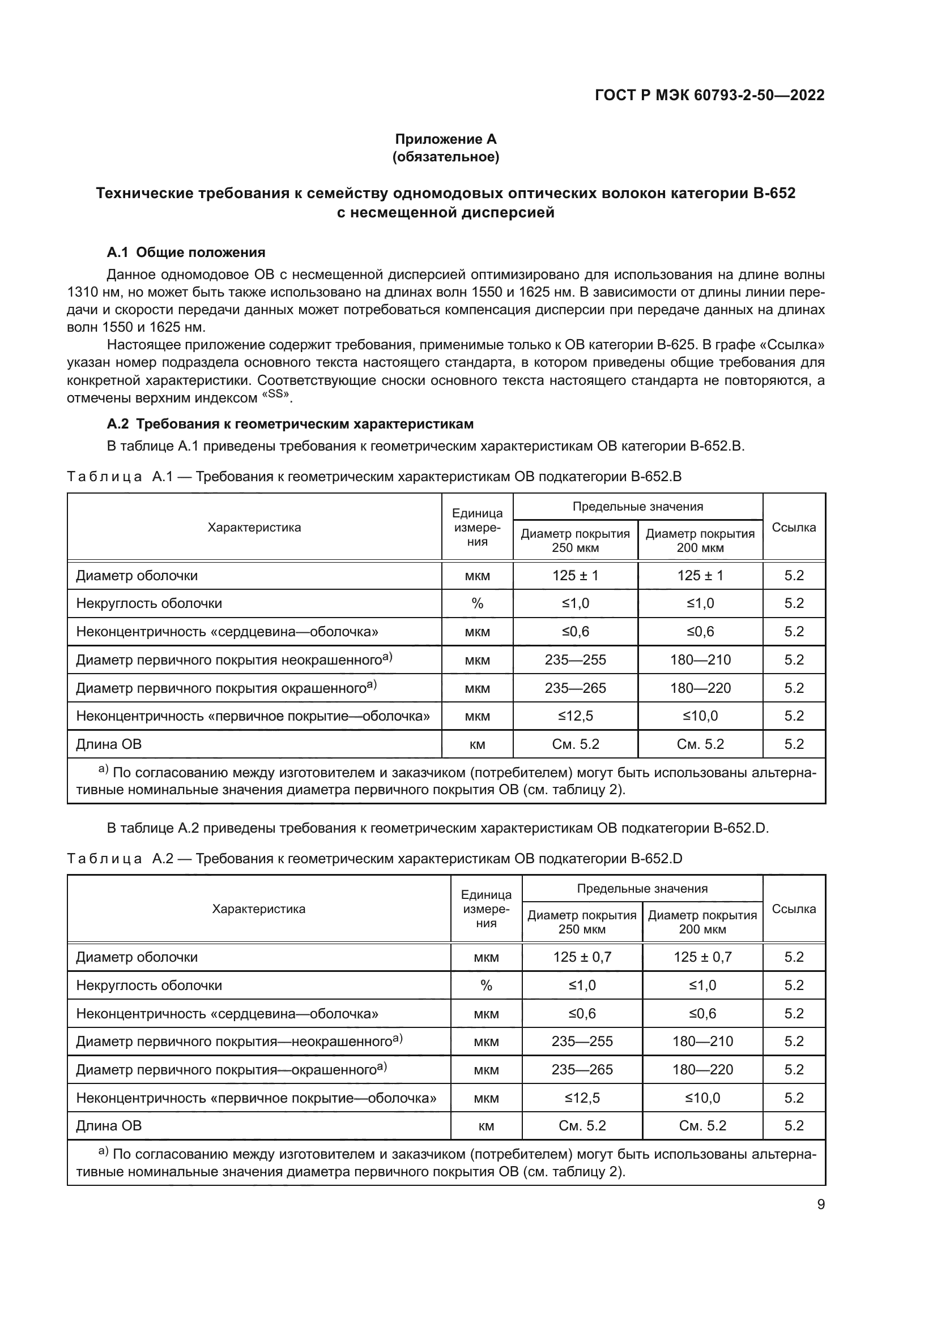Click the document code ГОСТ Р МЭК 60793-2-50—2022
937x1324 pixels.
[709, 95]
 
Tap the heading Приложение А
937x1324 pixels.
[445, 139]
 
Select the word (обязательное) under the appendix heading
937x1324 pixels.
[445, 157]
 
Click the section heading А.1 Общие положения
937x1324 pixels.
[186, 252]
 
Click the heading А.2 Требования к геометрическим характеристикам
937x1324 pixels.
[290, 424]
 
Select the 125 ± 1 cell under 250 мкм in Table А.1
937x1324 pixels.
[575, 576]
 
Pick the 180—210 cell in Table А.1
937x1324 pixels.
[700, 659]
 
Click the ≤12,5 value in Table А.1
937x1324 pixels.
[575, 715]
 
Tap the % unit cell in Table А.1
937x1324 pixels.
[477, 603]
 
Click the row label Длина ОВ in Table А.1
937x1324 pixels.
[109, 744]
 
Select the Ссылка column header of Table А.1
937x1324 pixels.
[793, 527]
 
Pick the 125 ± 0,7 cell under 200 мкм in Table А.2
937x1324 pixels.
[702, 957]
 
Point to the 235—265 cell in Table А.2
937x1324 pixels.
[582, 1070]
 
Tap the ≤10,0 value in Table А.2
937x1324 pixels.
[702, 1098]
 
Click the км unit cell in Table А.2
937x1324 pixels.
[486, 1126]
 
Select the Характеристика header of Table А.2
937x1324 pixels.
[258, 910]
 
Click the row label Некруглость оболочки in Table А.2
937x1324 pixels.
[149, 985]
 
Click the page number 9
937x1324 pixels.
[820, 1205]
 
